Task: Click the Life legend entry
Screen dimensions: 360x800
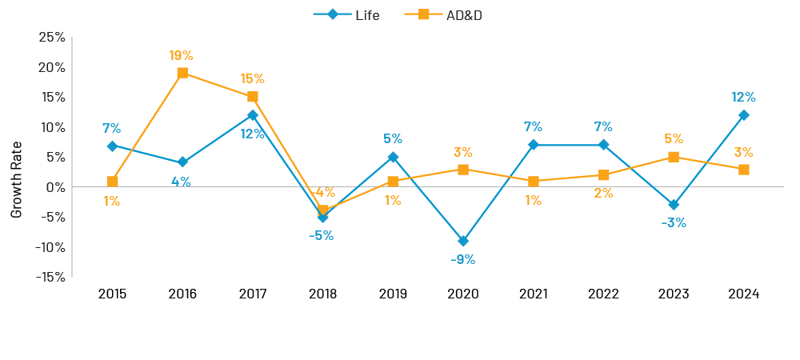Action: point(346,14)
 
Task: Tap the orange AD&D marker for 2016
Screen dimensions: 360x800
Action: point(182,73)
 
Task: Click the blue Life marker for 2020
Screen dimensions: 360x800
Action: point(463,241)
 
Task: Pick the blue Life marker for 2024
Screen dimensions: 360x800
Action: point(744,115)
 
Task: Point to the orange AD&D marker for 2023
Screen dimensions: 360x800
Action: point(674,157)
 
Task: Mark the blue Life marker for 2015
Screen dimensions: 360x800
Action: point(112,146)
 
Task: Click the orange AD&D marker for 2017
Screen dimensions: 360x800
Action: point(253,97)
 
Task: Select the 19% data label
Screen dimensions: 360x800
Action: point(181,55)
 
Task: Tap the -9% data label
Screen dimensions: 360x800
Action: point(462,259)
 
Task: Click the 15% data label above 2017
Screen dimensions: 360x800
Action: point(252,78)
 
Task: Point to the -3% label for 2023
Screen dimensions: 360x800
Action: point(674,222)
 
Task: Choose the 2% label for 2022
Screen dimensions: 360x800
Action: point(603,193)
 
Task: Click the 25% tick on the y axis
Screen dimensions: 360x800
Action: point(52,38)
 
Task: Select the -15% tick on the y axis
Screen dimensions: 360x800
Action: point(50,277)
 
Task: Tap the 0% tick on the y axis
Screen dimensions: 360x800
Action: point(55,187)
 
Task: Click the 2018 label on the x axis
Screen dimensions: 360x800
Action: point(322,294)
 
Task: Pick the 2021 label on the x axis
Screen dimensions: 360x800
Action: point(533,294)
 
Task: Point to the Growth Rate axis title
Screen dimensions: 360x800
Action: point(17,179)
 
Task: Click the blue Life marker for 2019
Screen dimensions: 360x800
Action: point(393,157)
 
